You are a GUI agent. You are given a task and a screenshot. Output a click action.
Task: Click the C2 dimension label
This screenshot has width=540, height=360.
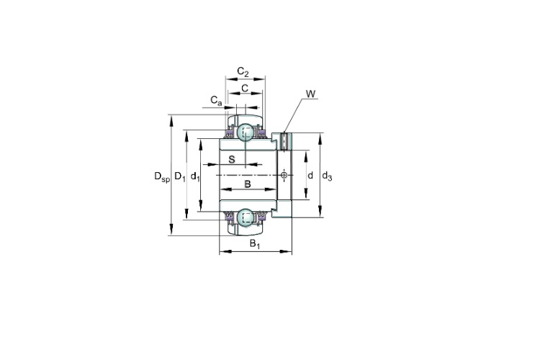(243, 72)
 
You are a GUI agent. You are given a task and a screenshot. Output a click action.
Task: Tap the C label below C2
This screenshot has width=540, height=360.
(245, 89)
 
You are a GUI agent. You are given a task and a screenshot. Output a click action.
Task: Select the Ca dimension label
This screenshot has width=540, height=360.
(216, 100)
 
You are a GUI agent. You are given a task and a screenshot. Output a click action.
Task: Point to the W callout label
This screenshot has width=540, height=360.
(310, 94)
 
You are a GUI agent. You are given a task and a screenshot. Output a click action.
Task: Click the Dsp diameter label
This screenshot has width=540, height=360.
(162, 176)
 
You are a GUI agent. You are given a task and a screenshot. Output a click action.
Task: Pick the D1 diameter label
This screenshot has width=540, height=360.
(180, 176)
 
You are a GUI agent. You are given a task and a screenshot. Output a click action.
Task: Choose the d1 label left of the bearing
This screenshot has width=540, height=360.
(195, 176)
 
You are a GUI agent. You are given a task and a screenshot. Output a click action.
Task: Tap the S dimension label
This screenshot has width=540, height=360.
(232, 159)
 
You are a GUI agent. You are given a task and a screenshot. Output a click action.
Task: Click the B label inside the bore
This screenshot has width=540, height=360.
(248, 184)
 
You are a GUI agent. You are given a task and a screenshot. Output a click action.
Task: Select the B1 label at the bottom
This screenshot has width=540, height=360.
(255, 244)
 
